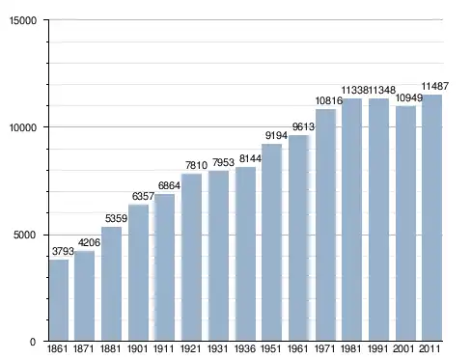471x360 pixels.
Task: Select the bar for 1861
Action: [x=59, y=300]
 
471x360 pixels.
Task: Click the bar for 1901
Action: [x=138, y=272]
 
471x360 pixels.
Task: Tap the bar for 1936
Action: [x=245, y=254]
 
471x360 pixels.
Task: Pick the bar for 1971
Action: [x=325, y=225]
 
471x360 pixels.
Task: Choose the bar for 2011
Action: [x=431, y=217]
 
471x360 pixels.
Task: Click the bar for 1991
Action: [x=378, y=219]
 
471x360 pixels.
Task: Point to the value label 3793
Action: [x=63, y=251]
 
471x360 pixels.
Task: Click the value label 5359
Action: [x=116, y=218]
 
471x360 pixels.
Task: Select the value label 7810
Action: [x=196, y=165]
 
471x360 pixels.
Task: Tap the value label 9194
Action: [x=276, y=135]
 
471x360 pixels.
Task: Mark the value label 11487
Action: [x=435, y=86]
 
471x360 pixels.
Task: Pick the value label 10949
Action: [x=408, y=97]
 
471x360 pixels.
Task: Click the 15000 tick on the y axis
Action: [x=23, y=20]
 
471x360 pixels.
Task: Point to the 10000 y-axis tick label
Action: [x=23, y=127]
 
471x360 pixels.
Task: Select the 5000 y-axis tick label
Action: [x=25, y=235]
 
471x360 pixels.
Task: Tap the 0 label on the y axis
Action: [x=33, y=342]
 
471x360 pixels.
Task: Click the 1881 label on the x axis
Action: [x=110, y=348]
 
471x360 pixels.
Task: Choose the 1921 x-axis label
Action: [x=190, y=348]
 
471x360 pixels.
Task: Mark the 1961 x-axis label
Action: [x=297, y=348]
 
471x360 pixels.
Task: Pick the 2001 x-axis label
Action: [x=403, y=348]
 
